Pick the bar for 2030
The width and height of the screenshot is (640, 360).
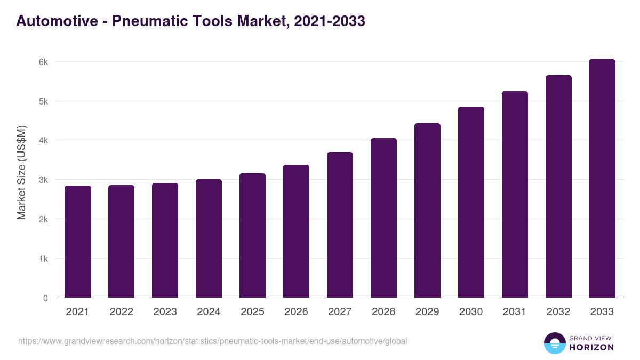point(471,202)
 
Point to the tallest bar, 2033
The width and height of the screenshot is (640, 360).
point(602,178)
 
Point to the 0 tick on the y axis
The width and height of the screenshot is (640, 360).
point(45,298)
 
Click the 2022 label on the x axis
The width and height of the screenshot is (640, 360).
point(121,312)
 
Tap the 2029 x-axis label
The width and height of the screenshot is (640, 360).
point(427,312)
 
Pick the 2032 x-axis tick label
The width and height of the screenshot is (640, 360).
point(558,312)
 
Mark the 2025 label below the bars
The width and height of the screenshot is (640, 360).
point(252,312)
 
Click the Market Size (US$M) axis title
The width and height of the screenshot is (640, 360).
point(22,172)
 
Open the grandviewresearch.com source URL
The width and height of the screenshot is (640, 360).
point(213,341)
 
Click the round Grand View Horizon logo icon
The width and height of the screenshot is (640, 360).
point(555,343)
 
